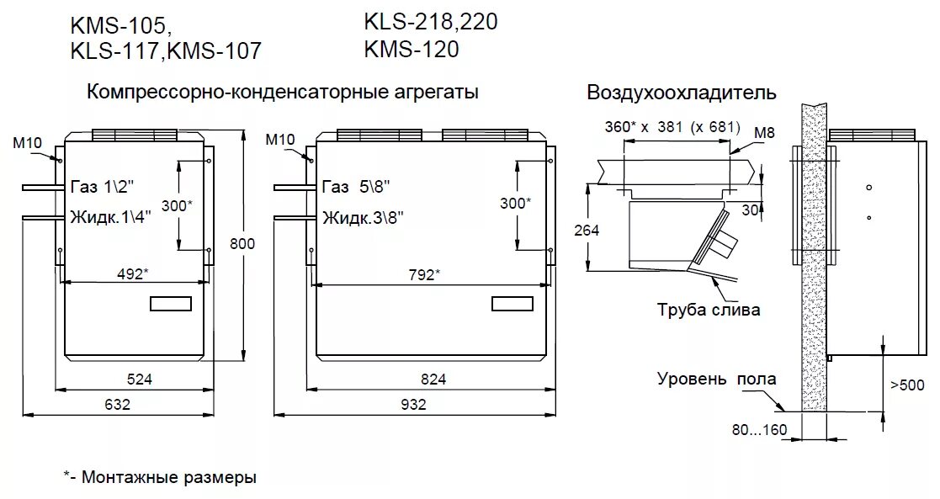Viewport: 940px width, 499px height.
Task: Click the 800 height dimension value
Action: tap(242, 244)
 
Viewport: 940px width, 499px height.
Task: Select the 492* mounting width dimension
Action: tap(132, 273)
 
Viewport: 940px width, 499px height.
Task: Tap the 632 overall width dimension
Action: tap(118, 404)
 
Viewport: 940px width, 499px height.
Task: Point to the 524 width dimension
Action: tap(139, 380)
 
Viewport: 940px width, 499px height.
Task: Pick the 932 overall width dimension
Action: tap(413, 404)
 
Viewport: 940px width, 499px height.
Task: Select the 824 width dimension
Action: tap(433, 380)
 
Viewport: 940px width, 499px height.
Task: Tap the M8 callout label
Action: tap(764, 132)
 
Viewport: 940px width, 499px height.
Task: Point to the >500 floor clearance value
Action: tap(907, 385)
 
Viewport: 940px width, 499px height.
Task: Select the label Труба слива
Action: tap(709, 310)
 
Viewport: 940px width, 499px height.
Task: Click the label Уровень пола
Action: tap(716, 380)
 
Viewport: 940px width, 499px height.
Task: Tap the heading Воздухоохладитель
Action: tap(682, 93)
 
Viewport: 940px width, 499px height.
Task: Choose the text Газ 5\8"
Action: tap(356, 186)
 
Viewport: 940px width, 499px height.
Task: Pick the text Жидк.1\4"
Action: tap(111, 216)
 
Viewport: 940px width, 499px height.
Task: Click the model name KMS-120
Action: tap(412, 50)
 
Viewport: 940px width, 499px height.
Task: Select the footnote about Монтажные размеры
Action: tap(160, 478)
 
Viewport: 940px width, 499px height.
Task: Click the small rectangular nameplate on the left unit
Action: tap(172, 304)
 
